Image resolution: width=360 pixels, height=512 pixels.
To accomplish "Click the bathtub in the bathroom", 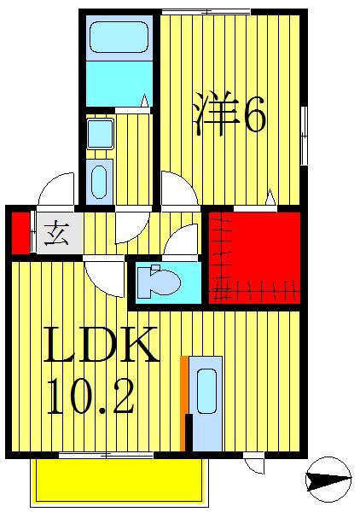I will (119, 38).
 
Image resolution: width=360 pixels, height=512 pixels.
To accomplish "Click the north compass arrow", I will (328, 481).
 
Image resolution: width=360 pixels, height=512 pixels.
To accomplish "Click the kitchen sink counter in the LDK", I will (206, 400).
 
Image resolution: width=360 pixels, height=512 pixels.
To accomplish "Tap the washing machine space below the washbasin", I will (99, 180).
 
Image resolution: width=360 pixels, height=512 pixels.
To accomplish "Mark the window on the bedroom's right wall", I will (304, 132).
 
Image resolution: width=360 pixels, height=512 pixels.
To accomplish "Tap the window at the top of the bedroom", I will (205, 11).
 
